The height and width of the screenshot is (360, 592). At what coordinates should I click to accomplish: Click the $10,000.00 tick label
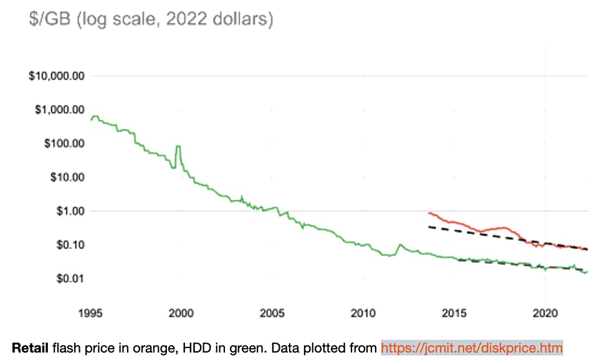(57, 76)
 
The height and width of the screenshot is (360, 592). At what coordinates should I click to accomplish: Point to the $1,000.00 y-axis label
(59, 110)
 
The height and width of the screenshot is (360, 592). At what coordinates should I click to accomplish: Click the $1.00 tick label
(67, 211)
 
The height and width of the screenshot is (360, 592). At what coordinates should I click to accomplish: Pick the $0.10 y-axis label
(67, 244)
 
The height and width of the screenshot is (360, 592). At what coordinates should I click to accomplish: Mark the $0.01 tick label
(67, 278)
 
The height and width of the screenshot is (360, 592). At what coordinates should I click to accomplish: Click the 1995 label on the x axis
(92, 312)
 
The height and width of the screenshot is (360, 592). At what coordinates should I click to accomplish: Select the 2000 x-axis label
(181, 312)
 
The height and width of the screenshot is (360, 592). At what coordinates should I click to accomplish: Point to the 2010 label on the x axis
(363, 312)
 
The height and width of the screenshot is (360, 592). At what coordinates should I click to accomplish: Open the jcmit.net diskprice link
(472, 347)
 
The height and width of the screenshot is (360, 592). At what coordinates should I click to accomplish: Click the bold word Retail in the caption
(29, 347)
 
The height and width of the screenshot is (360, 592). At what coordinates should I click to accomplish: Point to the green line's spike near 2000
(179, 147)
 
